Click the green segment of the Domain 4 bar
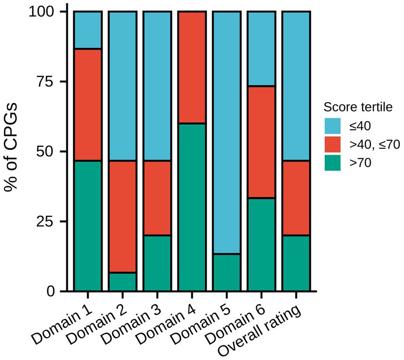(192, 207)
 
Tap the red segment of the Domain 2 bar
(122, 217)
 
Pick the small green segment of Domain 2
(122, 282)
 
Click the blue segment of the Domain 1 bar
(88, 30)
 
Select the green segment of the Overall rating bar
(296, 263)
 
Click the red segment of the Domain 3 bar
(157, 198)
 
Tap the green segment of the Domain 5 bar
(226, 272)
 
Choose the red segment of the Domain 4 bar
(192, 67)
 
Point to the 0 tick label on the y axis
(51, 291)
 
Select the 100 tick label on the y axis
(41, 12)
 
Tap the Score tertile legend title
(357, 107)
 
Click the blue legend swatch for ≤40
(335, 126)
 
